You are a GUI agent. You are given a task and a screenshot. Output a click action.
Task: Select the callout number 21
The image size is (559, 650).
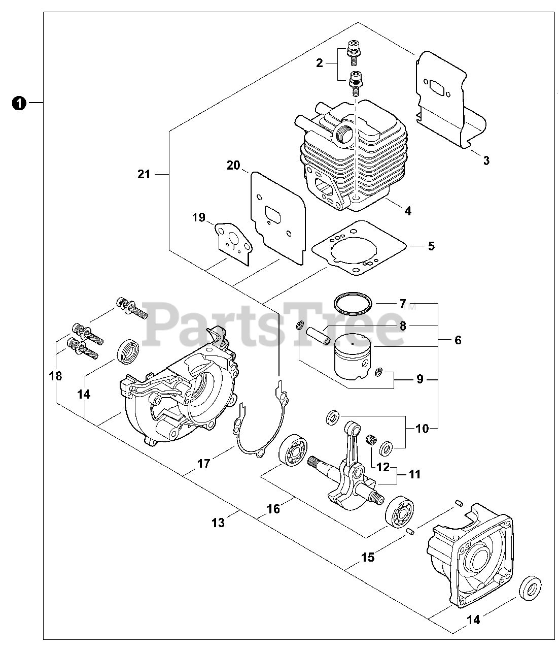144,174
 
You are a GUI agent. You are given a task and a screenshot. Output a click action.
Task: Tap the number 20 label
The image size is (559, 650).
233,165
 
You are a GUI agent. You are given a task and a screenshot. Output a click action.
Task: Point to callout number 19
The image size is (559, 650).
199,218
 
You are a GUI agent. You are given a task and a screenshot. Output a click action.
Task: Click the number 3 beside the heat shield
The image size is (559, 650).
486,161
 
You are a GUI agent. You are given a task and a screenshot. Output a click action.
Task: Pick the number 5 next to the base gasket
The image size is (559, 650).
431,246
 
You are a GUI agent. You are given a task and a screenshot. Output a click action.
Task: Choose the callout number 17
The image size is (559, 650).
204,463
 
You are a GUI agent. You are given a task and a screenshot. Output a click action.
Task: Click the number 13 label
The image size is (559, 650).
218,522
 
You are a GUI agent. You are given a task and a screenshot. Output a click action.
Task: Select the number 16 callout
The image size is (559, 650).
273,508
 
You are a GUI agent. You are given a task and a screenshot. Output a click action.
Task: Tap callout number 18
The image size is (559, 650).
55,376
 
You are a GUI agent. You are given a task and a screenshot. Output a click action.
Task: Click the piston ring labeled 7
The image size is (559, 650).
353,303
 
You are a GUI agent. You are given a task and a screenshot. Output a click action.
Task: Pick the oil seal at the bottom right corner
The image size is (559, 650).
530,588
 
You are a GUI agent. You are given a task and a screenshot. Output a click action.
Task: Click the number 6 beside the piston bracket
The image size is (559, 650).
458,340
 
